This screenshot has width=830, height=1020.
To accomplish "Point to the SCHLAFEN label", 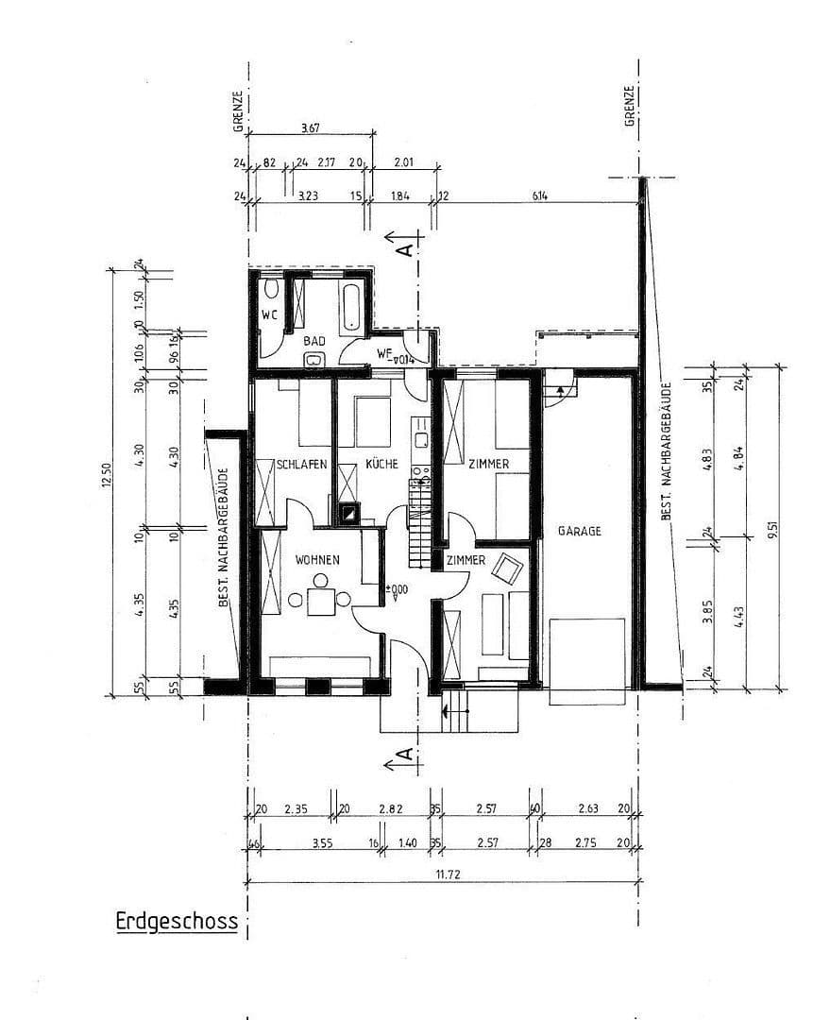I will coord(301,464).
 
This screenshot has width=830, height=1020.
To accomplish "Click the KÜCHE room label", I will coord(381,464).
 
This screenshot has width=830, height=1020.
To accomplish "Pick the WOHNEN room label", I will coord(316,560).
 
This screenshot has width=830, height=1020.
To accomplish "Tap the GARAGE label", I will coord(579,531).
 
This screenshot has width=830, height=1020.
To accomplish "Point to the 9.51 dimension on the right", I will coord(771,528).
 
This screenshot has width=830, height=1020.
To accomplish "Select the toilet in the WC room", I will coord(272,287).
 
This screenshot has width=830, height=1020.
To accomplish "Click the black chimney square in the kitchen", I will coord(348,514).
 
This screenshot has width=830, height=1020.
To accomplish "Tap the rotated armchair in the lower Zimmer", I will coord(509,568).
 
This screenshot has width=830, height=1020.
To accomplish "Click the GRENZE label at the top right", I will coord(628,106).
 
